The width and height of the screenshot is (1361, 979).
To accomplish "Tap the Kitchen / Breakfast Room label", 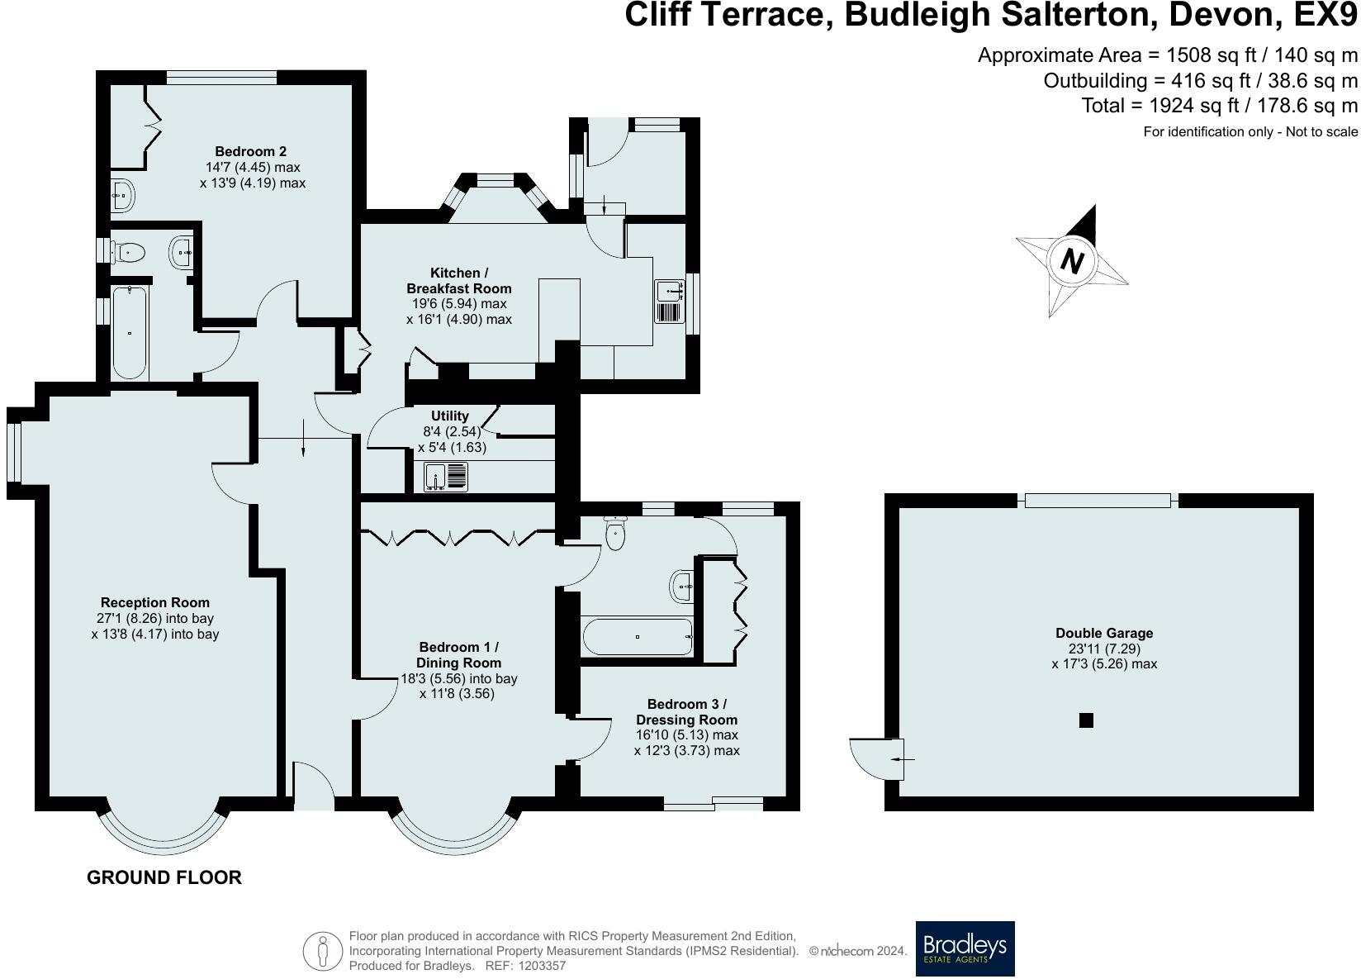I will [458, 281].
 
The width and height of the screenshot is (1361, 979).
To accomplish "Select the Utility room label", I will [450, 416].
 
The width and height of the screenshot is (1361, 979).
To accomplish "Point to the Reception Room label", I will [155, 603].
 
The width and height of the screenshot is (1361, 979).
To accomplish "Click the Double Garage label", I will [1104, 634].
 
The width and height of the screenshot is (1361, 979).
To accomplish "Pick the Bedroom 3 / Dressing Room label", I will [686, 712].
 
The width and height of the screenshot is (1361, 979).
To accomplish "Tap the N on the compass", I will [1071, 261].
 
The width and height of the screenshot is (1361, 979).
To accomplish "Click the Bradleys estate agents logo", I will [965, 948].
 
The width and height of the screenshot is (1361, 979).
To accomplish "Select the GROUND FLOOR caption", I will [164, 877].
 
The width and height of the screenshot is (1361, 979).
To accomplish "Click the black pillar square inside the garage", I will [1086, 720].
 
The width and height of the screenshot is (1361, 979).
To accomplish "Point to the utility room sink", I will [446, 478].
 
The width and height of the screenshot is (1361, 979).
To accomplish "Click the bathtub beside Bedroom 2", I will [130, 333].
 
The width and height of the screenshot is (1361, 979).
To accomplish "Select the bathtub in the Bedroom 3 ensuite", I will [637, 637].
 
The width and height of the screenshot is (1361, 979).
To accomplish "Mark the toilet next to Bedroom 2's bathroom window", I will [129, 250].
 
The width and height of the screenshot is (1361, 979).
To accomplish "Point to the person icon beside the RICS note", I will [323, 951].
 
